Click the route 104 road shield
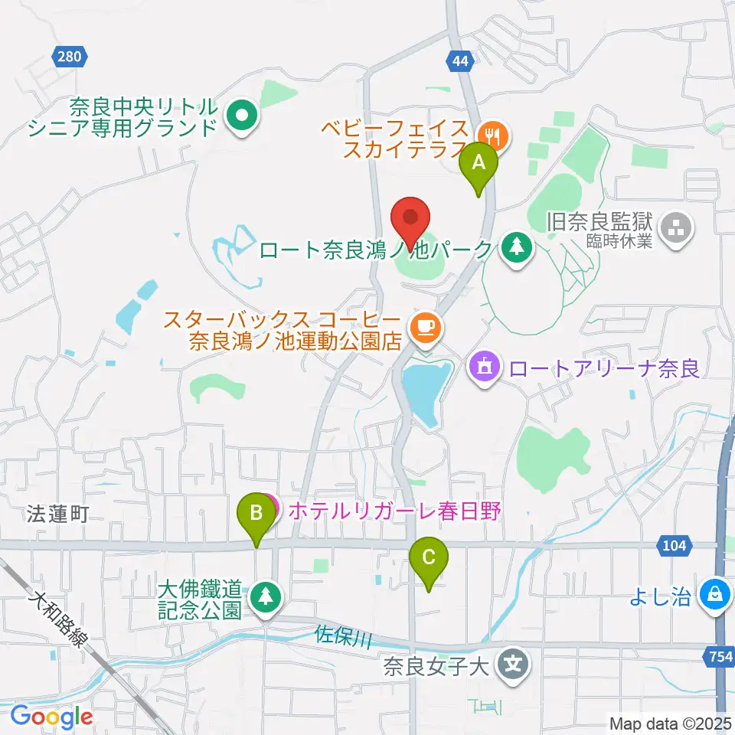[674, 545]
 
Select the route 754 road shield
[718, 655]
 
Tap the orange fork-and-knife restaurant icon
[495, 137]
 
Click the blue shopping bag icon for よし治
[715, 594]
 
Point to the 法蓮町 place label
[56, 514]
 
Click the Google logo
[52, 716]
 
